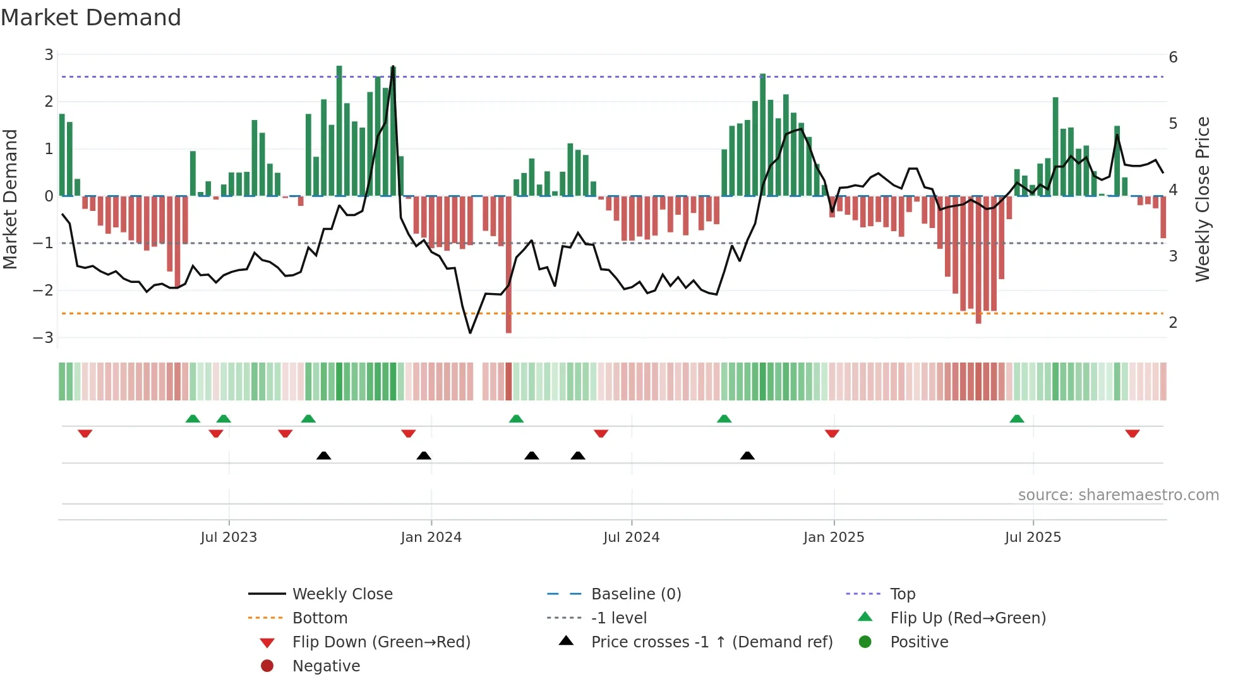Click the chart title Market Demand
point(91,18)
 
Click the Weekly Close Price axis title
point(1202,199)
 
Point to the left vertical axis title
point(10,199)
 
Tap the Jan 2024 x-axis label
point(431,537)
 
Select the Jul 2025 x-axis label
point(1033,537)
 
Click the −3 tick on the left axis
point(44,337)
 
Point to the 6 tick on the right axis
point(1173,57)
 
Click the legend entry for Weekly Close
point(342,594)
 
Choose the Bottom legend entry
point(320,618)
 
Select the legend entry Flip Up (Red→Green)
point(968,618)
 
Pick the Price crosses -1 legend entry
point(711,642)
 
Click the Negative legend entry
point(326,666)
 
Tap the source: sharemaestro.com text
point(1118,495)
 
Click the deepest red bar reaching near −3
point(508,265)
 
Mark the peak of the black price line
point(393,66)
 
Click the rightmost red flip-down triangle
point(1132,433)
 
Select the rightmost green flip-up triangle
point(1016,419)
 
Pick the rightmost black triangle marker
point(747,455)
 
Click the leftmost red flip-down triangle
point(85,433)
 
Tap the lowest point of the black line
point(470,333)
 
